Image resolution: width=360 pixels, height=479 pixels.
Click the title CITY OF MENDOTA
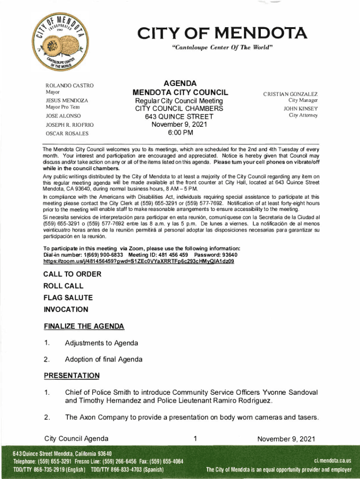pos(222,34)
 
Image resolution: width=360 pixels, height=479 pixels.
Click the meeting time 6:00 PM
pos(179,132)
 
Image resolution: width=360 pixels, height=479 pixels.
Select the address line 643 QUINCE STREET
pos(179,116)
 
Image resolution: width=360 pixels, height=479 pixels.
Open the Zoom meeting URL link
pos(138,261)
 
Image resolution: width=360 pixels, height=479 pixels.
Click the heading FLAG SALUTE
pos(68,298)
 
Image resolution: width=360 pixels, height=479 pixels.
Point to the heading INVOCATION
pos(65,309)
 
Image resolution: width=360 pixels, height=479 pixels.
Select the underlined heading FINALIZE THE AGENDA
pos(84,326)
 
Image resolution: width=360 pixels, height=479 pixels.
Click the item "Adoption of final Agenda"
pos(104,359)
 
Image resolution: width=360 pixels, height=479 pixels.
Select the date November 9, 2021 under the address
pos(179,124)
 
